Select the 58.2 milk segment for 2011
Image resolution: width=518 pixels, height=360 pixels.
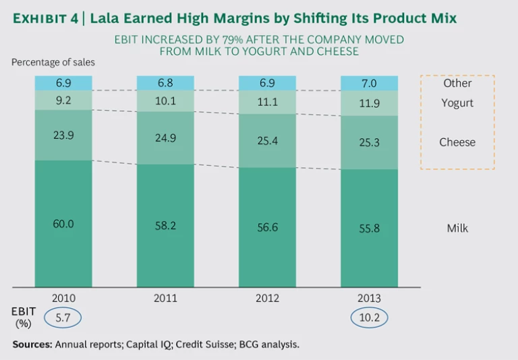point(165,226)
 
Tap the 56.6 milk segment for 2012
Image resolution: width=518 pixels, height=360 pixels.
point(267,227)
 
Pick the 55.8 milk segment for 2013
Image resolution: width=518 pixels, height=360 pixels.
point(369,228)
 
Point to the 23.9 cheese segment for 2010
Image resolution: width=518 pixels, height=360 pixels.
point(63,134)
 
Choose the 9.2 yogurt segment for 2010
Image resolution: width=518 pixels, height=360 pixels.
point(63,100)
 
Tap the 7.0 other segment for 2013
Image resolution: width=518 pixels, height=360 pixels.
point(369,83)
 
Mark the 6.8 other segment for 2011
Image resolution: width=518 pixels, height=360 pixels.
point(165,83)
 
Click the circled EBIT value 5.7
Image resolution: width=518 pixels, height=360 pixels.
point(63,317)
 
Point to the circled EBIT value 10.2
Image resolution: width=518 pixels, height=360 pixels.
point(369,317)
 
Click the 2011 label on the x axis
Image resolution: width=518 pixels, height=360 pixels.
point(165,298)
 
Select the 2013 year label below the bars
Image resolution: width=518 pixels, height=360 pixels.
point(369,298)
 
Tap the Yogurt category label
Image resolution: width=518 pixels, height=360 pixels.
point(457,103)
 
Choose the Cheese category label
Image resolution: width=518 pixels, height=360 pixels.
point(457,142)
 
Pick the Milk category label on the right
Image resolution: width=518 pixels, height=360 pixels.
point(457,229)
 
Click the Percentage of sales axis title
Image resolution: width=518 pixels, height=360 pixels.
point(53,62)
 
